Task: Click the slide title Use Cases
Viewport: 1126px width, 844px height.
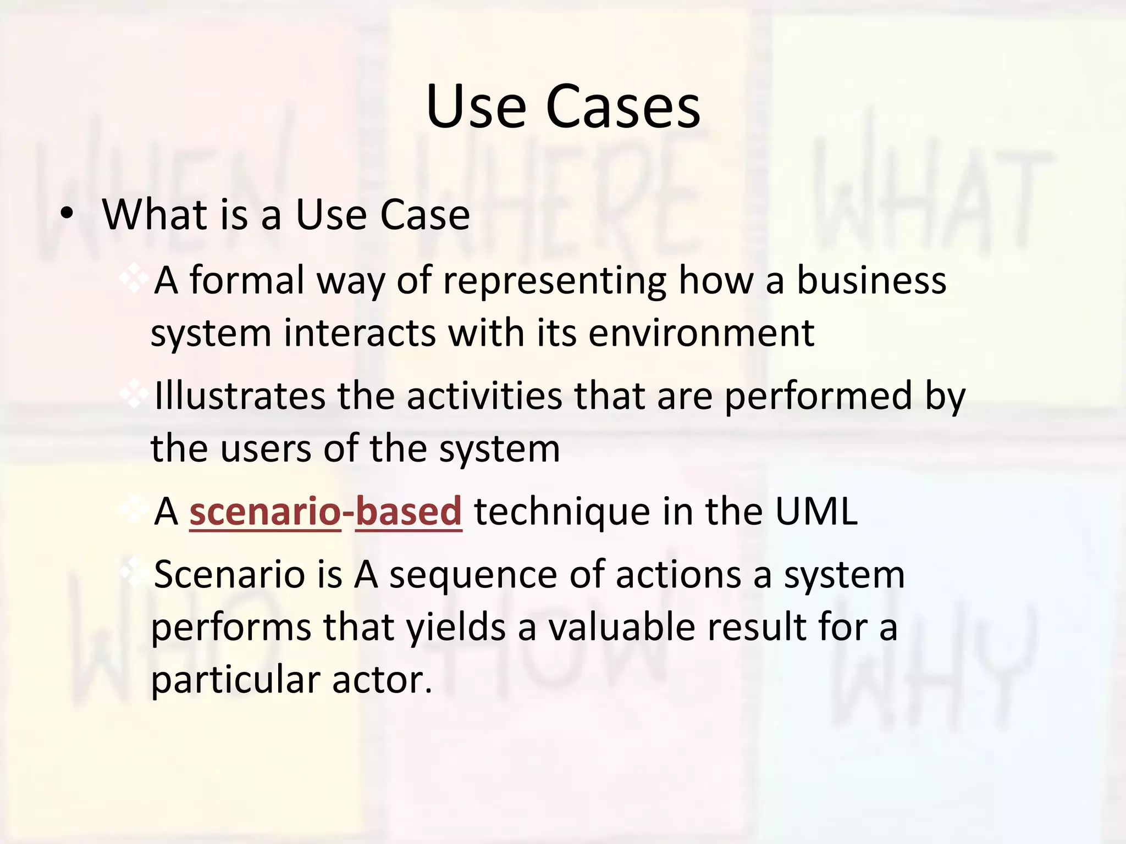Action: (x=563, y=107)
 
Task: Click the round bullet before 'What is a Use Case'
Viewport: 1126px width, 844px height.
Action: (x=67, y=215)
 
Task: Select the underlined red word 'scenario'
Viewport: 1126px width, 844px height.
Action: (x=265, y=512)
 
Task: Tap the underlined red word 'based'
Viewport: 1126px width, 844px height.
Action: (x=409, y=512)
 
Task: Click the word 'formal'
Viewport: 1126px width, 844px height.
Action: (x=246, y=280)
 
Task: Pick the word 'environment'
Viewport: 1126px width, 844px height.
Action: (x=701, y=333)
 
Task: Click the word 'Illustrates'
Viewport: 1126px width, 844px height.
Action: (x=240, y=396)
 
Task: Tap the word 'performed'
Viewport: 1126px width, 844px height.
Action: (x=818, y=396)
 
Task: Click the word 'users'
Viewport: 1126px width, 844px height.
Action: (x=266, y=448)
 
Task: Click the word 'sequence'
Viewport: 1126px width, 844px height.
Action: (x=473, y=575)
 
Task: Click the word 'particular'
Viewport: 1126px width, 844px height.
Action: (x=235, y=680)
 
